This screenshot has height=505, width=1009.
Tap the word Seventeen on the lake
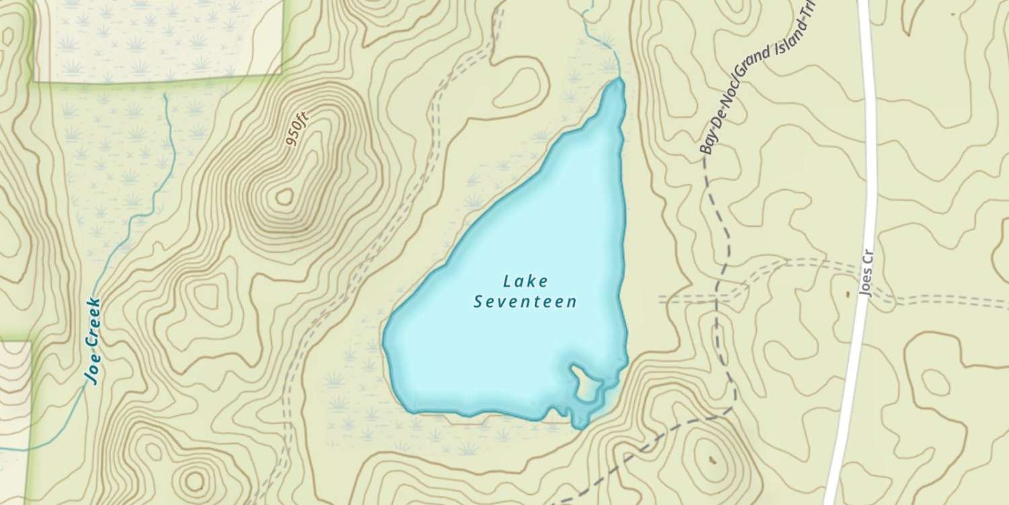click(525, 302)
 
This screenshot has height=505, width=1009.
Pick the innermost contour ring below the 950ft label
click(285, 197)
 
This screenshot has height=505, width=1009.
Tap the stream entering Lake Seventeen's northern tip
click(609, 54)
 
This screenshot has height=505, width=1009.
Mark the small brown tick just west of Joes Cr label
click(846, 294)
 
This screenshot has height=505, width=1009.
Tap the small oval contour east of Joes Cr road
click(936, 382)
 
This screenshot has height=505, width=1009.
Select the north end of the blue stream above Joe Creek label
click(166, 96)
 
